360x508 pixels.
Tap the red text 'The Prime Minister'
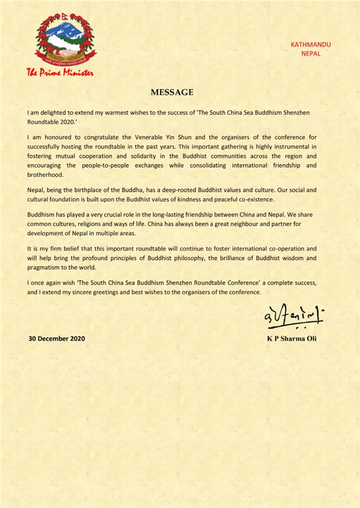tap(61, 72)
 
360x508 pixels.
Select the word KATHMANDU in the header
tap(310, 44)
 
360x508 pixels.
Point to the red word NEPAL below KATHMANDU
tap(310, 53)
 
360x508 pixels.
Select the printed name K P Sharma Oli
tap(291, 339)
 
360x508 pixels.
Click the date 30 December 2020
tap(57, 339)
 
